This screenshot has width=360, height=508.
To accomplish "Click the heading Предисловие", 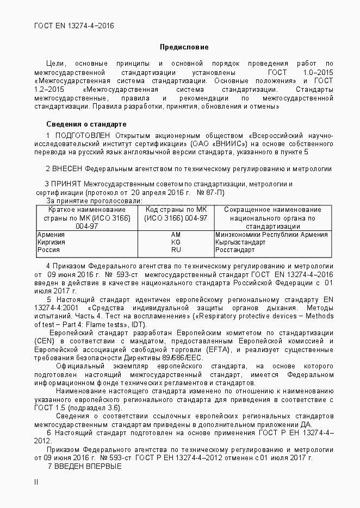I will point(184,47).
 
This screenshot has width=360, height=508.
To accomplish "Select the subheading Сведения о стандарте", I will point(86,124).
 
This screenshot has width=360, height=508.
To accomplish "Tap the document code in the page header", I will point(74,26).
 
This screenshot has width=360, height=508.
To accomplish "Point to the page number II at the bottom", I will point(36,481).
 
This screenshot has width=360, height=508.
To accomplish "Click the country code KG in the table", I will point(176,242).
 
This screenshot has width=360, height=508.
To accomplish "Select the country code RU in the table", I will point(176,250).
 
